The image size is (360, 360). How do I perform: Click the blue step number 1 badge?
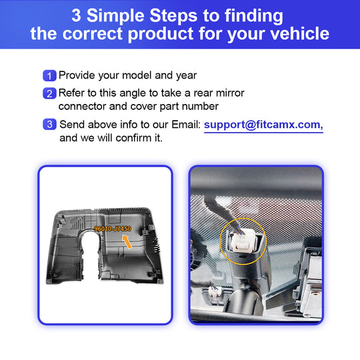49,75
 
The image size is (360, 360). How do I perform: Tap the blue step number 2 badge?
49,93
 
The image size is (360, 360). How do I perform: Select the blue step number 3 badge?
49,124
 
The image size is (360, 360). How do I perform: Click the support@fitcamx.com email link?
263,125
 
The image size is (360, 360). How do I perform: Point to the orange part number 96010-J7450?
113,229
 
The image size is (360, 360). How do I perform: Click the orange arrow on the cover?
127,241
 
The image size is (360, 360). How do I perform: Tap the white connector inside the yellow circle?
243,241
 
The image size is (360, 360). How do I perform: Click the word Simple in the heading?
115,16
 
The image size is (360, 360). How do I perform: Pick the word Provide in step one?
77,75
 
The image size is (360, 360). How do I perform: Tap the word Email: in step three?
186,125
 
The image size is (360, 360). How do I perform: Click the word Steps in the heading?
173,16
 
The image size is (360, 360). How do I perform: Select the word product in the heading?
160,34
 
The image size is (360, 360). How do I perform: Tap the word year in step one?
186,76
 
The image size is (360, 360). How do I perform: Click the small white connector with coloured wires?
215,292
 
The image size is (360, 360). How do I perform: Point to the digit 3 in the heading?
76,16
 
